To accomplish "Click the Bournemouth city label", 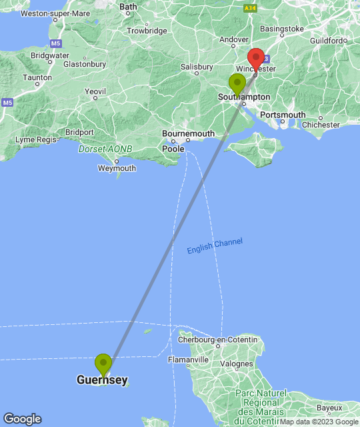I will pos(189,134).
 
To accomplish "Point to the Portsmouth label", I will pos(283,115).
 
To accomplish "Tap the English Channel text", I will pos(215,246).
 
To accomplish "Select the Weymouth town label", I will pos(117,168).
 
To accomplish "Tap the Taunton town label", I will pos(37,77).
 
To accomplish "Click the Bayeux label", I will pos(329,407).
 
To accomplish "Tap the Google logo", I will pos(22,419).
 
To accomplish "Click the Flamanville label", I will pos(188,360).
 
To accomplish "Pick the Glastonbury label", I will pos(84,64).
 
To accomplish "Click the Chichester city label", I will pos(321,124).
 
